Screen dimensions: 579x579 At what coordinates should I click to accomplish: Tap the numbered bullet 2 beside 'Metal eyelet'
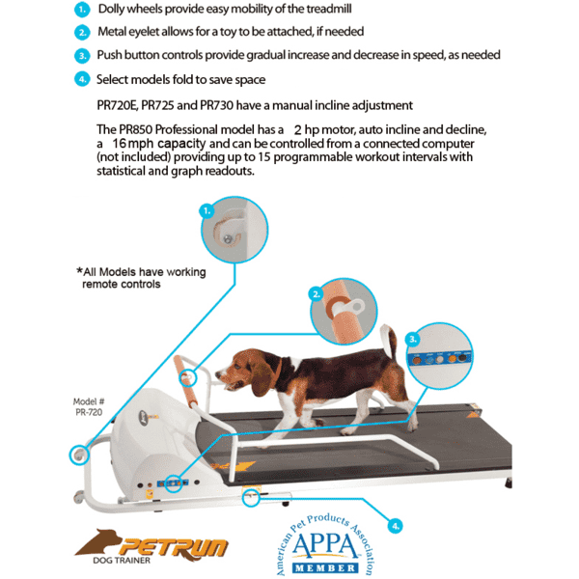[x=81, y=32]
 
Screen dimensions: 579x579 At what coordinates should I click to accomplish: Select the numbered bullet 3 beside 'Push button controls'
[x=81, y=56]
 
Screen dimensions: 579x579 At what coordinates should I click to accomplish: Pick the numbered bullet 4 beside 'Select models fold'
[x=81, y=79]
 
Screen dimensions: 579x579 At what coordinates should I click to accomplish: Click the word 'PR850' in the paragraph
[x=144, y=128]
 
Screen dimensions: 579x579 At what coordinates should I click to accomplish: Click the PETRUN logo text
[x=169, y=547]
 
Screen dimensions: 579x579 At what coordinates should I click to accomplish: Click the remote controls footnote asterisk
[x=79, y=272]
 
